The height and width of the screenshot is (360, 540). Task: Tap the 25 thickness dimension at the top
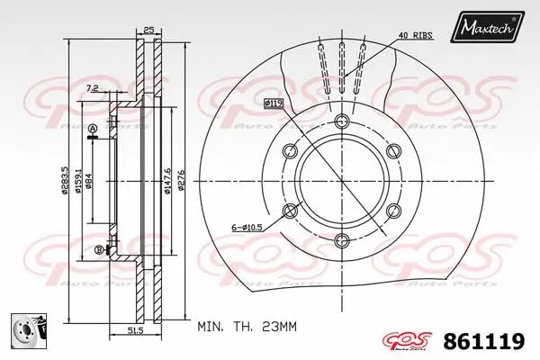click(149, 30)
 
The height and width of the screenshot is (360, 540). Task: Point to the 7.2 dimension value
click(93, 88)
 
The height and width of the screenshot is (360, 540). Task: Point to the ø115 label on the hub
click(274, 103)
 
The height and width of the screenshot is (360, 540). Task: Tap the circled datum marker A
click(92, 130)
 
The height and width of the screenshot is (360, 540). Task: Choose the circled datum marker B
click(97, 250)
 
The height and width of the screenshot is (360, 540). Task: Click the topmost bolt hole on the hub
click(339, 122)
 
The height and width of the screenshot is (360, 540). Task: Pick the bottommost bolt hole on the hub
click(339, 238)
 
